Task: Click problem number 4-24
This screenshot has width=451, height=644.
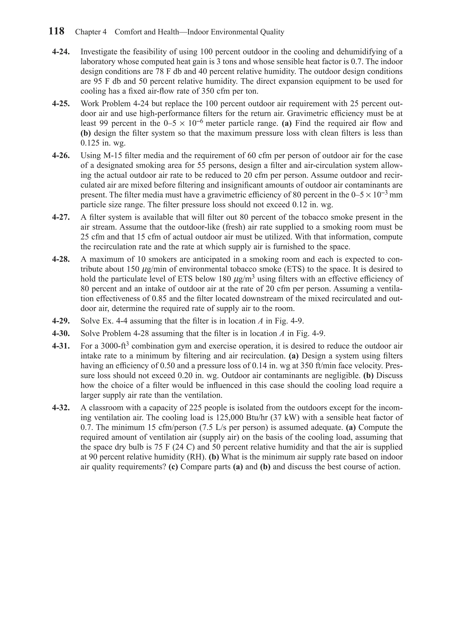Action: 61,52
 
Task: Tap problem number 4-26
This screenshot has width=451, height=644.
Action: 61,156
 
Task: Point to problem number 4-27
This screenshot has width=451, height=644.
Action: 61,217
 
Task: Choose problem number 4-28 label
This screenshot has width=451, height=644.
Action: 61,259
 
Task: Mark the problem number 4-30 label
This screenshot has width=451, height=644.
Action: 61,334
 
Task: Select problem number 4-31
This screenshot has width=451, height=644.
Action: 61,346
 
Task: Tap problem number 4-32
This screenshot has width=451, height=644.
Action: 61,408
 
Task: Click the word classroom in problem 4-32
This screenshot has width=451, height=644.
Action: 106,408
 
